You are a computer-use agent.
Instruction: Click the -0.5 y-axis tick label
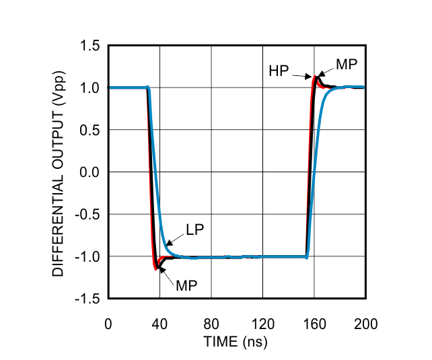[87, 214]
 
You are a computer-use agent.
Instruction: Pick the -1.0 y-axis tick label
[87, 256]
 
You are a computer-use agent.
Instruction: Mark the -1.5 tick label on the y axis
[87, 298]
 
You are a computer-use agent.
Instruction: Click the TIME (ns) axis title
[236, 342]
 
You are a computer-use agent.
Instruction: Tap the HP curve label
[279, 71]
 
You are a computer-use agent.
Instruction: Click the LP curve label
[195, 229]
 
